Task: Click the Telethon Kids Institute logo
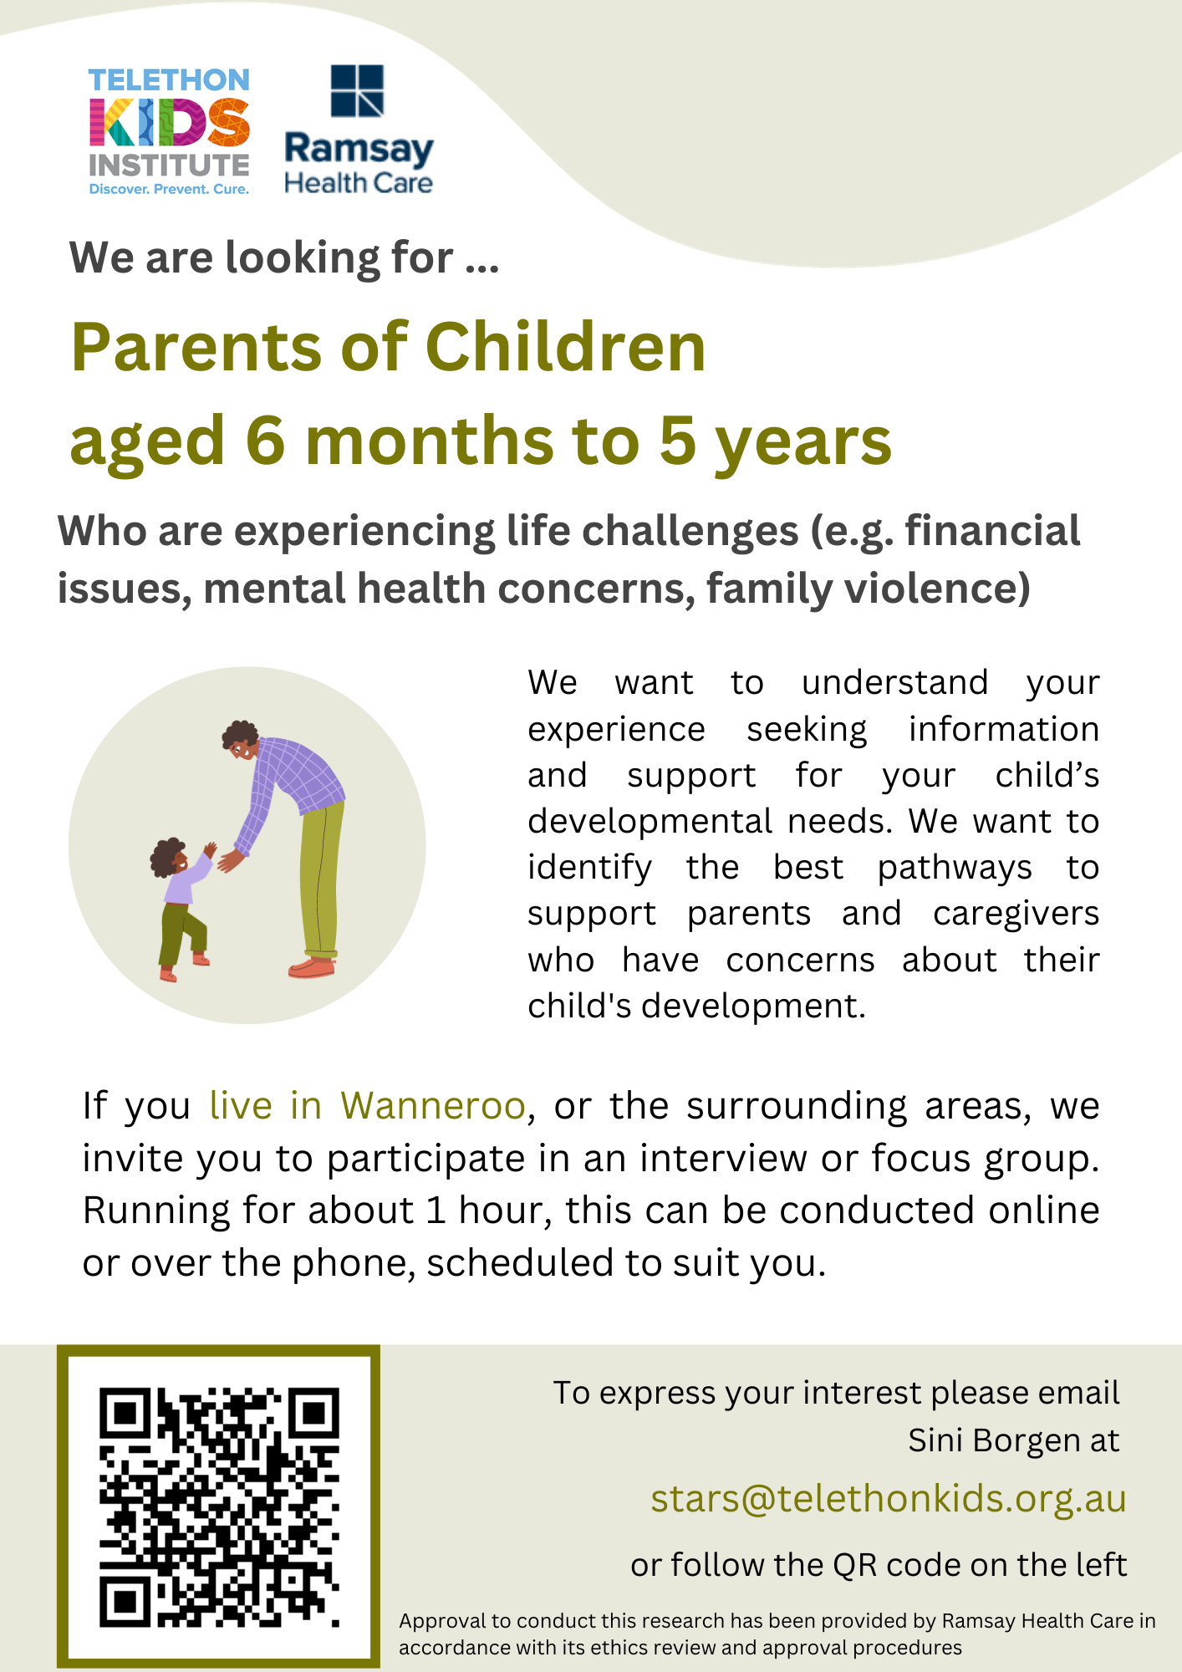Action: click(x=169, y=132)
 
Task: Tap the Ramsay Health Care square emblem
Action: click(x=357, y=90)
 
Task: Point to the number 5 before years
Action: click(x=678, y=441)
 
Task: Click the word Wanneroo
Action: click(x=432, y=1105)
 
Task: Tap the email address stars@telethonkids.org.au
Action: click(x=889, y=1498)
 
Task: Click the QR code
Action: click(x=219, y=1506)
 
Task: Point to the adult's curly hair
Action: click(x=240, y=735)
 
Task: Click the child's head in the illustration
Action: click(x=170, y=858)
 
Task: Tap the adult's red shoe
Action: click(x=312, y=968)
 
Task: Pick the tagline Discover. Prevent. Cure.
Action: click(x=169, y=189)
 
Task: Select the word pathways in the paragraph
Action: click(x=955, y=869)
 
